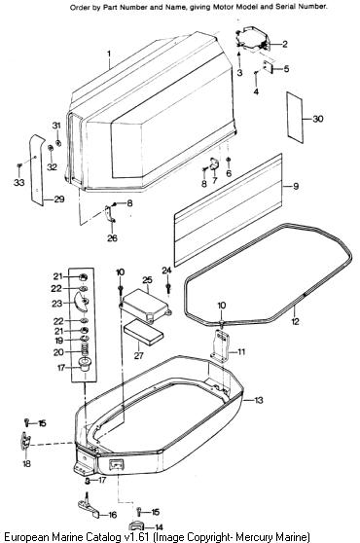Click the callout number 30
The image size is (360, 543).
click(318, 119)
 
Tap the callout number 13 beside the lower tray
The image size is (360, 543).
click(259, 400)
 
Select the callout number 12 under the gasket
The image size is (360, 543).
click(295, 321)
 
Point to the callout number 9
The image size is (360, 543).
click(296, 186)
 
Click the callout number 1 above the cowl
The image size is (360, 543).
click(109, 54)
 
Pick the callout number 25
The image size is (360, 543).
click(147, 280)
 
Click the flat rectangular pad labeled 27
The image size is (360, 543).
click(143, 332)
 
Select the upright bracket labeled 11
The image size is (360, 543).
click(220, 345)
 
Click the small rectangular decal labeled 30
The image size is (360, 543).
click(295, 118)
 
